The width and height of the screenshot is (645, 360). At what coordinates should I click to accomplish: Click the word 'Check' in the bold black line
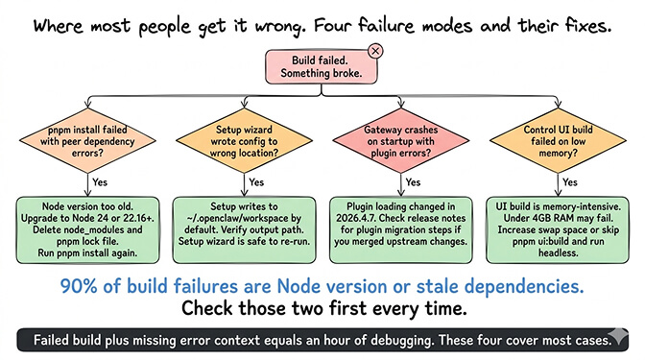click(x=208, y=309)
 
